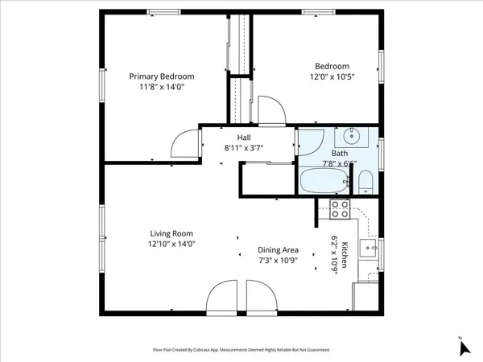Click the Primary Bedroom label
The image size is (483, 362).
pyautogui.click(x=162, y=76)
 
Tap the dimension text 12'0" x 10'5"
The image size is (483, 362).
pyautogui.click(x=332, y=76)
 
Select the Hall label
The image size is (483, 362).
pyautogui.click(x=243, y=137)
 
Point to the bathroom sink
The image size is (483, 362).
pyautogui.click(x=350, y=136)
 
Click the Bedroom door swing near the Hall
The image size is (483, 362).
pyautogui.click(x=269, y=110)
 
